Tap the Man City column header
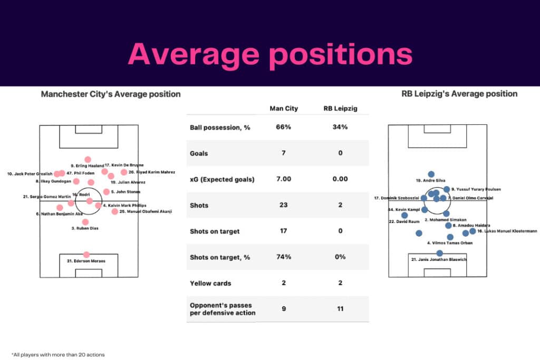click(x=283, y=109)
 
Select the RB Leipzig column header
click(x=340, y=109)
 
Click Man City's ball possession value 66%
click(x=283, y=128)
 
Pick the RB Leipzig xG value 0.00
click(x=340, y=179)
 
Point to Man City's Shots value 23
click(x=283, y=205)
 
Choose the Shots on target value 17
click(x=283, y=231)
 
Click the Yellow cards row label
click(x=210, y=283)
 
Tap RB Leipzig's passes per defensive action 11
click(x=340, y=308)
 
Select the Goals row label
click(x=199, y=153)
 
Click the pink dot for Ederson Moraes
click(x=86, y=255)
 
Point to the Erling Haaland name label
click(x=88, y=166)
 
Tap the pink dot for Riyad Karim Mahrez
click(x=124, y=172)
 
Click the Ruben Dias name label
click(x=84, y=228)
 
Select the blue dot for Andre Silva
click(x=431, y=174)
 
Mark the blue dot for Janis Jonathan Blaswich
click(x=439, y=253)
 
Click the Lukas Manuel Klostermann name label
click(x=507, y=231)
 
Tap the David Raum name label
click(x=399, y=221)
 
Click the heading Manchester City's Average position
click(x=111, y=94)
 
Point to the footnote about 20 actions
click(x=58, y=354)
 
